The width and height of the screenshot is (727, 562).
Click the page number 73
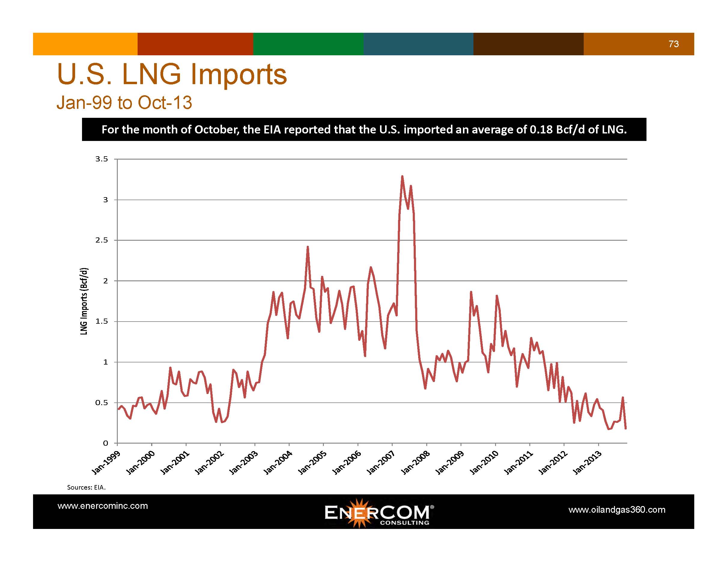[674, 44]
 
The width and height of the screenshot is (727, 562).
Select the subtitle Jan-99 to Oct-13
[124, 102]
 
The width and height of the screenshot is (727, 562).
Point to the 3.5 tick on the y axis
[102, 159]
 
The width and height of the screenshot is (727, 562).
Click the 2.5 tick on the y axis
[102, 240]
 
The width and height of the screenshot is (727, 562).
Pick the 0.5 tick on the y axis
[102, 403]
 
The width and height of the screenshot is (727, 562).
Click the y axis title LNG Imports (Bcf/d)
[84, 301]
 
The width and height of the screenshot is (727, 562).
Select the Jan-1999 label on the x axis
[106, 463]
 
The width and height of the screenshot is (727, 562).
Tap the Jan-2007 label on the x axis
[381, 463]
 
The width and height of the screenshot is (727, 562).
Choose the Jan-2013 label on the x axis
[587, 463]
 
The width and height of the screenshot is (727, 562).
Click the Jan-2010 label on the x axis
[484, 463]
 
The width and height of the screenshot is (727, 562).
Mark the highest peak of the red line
[402, 176]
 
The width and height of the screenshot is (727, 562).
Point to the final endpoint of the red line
[626, 429]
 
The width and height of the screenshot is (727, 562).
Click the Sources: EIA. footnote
[86, 487]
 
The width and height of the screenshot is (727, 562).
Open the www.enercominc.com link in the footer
[102, 506]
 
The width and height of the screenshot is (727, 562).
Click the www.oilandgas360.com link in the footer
[617, 510]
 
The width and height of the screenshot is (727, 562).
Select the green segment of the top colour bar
[308, 44]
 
